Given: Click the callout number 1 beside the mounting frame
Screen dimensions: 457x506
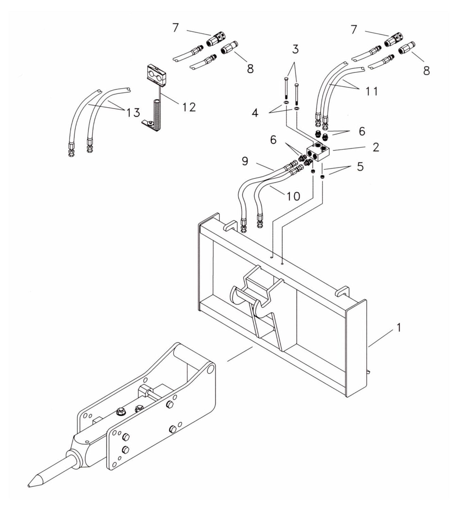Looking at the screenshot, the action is pyautogui.click(x=399, y=328).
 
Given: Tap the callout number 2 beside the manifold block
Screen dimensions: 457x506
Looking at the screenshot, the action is pyautogui.click(x=375, y=147).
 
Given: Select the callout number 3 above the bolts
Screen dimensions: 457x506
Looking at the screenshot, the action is pyautogui.click(x=295, y=50).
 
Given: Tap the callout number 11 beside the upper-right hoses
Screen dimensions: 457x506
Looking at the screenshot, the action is pyautogui.click(x=372, y=92).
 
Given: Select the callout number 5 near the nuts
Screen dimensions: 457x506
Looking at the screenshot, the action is pyautogui.click(x=360, y=167).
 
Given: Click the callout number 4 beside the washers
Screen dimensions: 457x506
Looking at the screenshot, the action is pyautogui.click(x=255, y=113).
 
